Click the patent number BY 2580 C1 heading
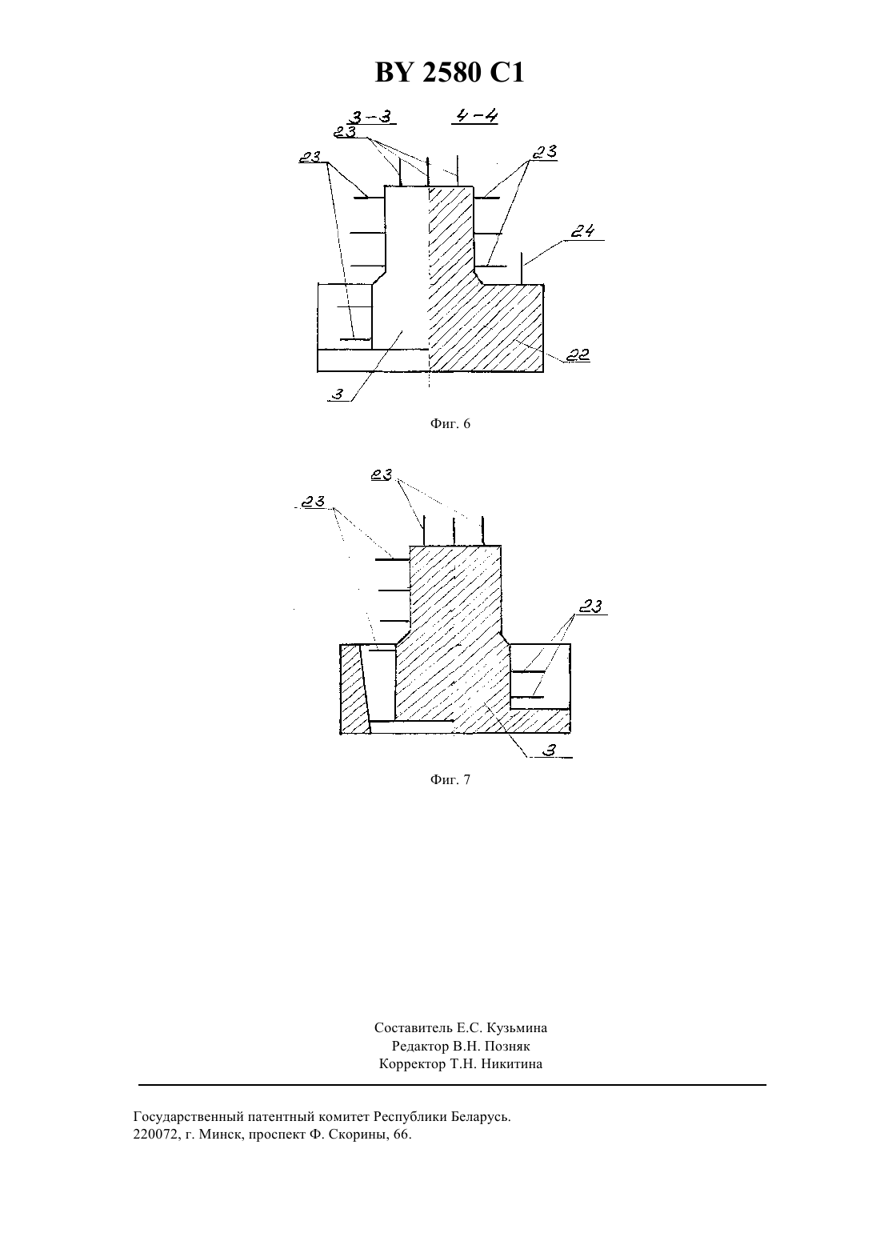[450, 73]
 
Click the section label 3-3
[372, 117]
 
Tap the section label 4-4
[475, 115]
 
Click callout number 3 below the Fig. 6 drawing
[338, 394]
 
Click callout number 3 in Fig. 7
[549, 751]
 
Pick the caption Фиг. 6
[450, 424]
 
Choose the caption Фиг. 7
[450, 780]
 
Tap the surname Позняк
[507, 1047]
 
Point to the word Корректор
[412, 1064]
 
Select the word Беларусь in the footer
[480, 1117]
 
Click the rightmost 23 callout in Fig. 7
[590, 606]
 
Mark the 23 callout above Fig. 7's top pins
[382, 475]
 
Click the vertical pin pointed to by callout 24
[522, 268]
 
